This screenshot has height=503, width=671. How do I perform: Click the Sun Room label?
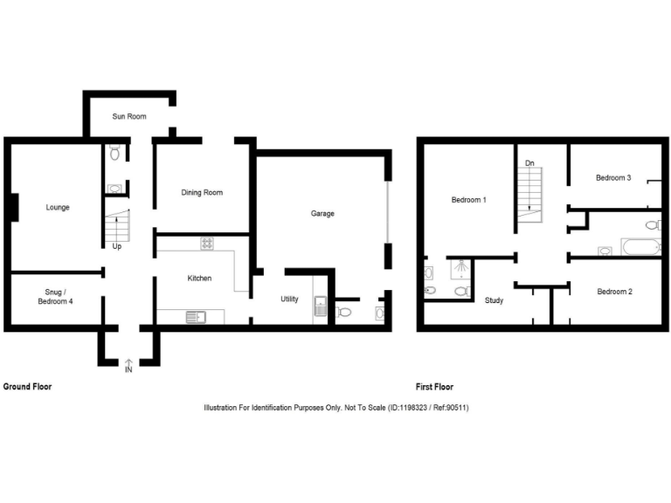128,116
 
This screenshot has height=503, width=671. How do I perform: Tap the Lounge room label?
58,207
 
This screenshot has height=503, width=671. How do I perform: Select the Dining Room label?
202,192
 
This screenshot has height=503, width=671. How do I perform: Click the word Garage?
322,213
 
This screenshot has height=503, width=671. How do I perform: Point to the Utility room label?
289,299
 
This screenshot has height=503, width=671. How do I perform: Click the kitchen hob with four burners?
207,244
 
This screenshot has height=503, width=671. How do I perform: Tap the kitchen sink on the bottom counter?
193,316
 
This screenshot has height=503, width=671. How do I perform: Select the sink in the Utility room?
320,308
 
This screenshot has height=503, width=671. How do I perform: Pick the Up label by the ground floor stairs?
116,246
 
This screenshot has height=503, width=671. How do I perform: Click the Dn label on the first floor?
529,163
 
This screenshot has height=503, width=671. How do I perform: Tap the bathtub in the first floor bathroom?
640,246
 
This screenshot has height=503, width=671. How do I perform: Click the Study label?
494,300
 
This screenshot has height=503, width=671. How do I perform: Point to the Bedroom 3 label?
613,177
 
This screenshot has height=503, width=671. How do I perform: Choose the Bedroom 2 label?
614,292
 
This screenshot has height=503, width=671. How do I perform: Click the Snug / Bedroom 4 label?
56,296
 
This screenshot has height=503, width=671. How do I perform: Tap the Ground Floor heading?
28,386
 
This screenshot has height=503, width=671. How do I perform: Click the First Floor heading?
435,386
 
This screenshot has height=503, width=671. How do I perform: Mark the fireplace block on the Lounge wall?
14,207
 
